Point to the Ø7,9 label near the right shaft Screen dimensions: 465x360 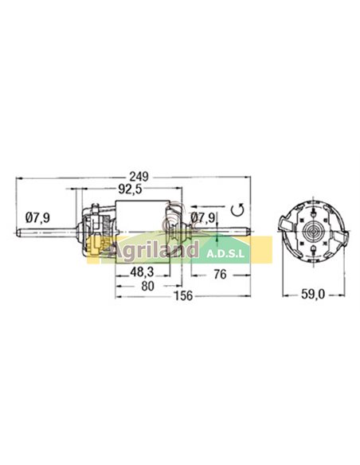(x=202, y=217)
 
